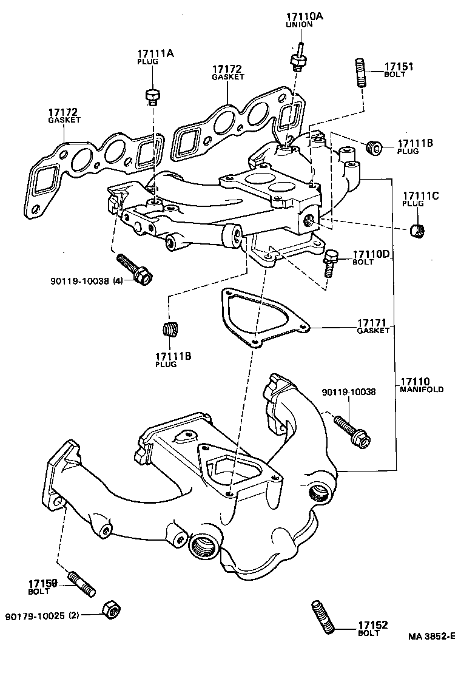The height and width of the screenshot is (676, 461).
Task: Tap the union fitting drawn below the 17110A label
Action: (298, 58)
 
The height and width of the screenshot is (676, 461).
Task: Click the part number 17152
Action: (372, 625)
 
